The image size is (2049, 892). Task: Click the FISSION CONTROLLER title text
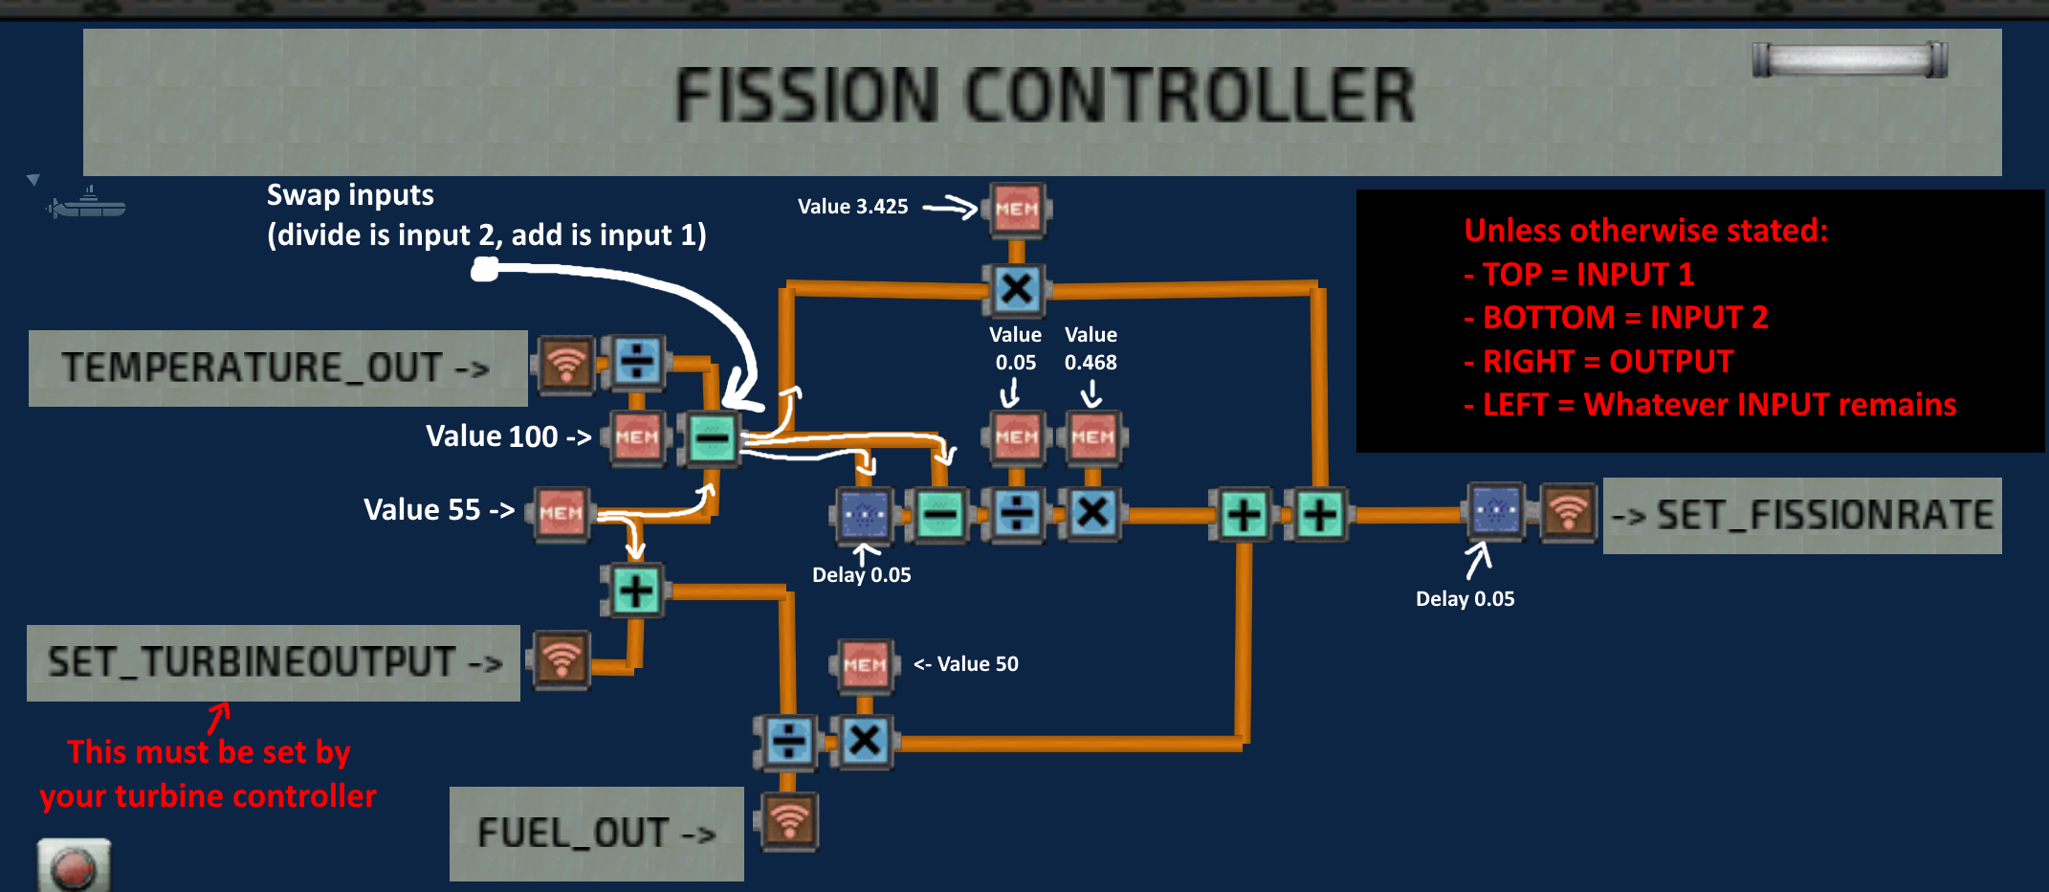[1045, 96]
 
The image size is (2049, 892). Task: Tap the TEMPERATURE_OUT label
[275, 368]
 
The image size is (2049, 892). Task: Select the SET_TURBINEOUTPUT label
[274, 662]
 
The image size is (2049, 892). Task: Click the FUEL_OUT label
[596, 833]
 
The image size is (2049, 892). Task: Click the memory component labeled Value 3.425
[1016, 209]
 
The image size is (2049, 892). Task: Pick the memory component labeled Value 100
[637, 437]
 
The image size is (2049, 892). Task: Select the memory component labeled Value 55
[561, 513]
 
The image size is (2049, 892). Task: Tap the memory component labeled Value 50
[865, 664]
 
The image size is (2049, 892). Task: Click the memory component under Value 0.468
[1092, 437]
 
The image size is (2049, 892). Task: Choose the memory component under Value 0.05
[1016, 437]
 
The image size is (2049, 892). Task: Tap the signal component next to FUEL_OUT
[789, 821]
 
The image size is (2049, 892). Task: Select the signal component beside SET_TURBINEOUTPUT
[562, 658]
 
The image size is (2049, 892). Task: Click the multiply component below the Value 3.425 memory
[1016, 289]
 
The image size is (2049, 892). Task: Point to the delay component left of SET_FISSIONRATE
[1496, 512]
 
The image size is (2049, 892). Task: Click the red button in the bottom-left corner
[74, 868]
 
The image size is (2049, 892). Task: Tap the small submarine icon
[88, 205]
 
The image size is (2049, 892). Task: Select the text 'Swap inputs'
[350, 195]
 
